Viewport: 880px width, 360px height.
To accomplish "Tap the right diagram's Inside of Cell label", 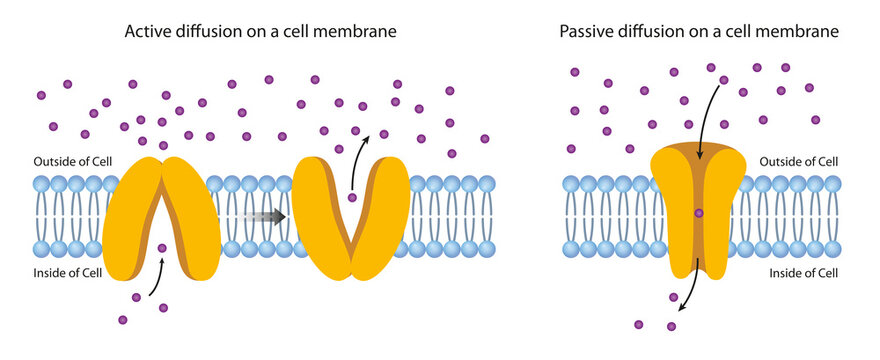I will [802, 271].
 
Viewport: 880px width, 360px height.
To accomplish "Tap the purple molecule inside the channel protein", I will [699, 213].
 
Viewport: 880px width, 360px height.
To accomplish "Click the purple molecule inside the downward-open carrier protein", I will [162, 247].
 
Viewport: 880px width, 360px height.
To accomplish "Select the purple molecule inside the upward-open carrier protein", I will [352, 198].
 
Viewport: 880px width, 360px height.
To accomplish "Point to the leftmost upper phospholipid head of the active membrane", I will [41, 184].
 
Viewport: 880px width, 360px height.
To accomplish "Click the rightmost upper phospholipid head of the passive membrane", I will [833, 184].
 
